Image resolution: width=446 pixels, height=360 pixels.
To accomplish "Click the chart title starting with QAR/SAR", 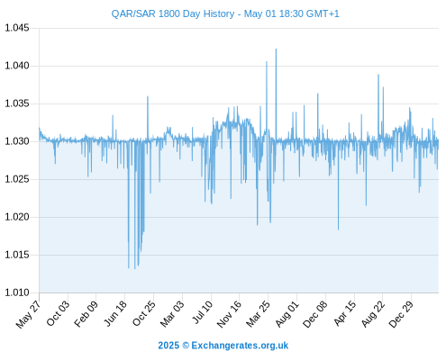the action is (225, 13).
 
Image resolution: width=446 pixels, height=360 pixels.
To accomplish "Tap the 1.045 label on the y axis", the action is (17, 28).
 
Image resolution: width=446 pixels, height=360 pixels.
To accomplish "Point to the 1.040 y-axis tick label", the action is (17, 66).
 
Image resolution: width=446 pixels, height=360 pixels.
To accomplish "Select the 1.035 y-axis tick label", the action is (17, 103).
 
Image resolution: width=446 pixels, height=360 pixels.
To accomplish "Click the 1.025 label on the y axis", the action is (17, 179).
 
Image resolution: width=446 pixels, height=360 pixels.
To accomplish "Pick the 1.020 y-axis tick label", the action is (17, 217).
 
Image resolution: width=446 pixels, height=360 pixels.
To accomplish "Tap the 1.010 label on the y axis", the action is (17, 292).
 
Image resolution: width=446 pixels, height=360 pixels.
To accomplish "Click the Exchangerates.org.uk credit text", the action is (240, 346).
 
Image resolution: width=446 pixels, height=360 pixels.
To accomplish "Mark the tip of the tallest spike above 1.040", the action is (276, 49).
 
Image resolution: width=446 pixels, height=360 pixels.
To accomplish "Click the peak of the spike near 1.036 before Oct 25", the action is (148, 96).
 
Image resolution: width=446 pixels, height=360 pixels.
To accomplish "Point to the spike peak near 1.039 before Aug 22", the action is (378, 75).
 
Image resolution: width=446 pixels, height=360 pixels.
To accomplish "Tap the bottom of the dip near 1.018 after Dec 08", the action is (338, 229).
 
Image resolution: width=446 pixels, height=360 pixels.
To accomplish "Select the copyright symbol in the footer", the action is (186, 346).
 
